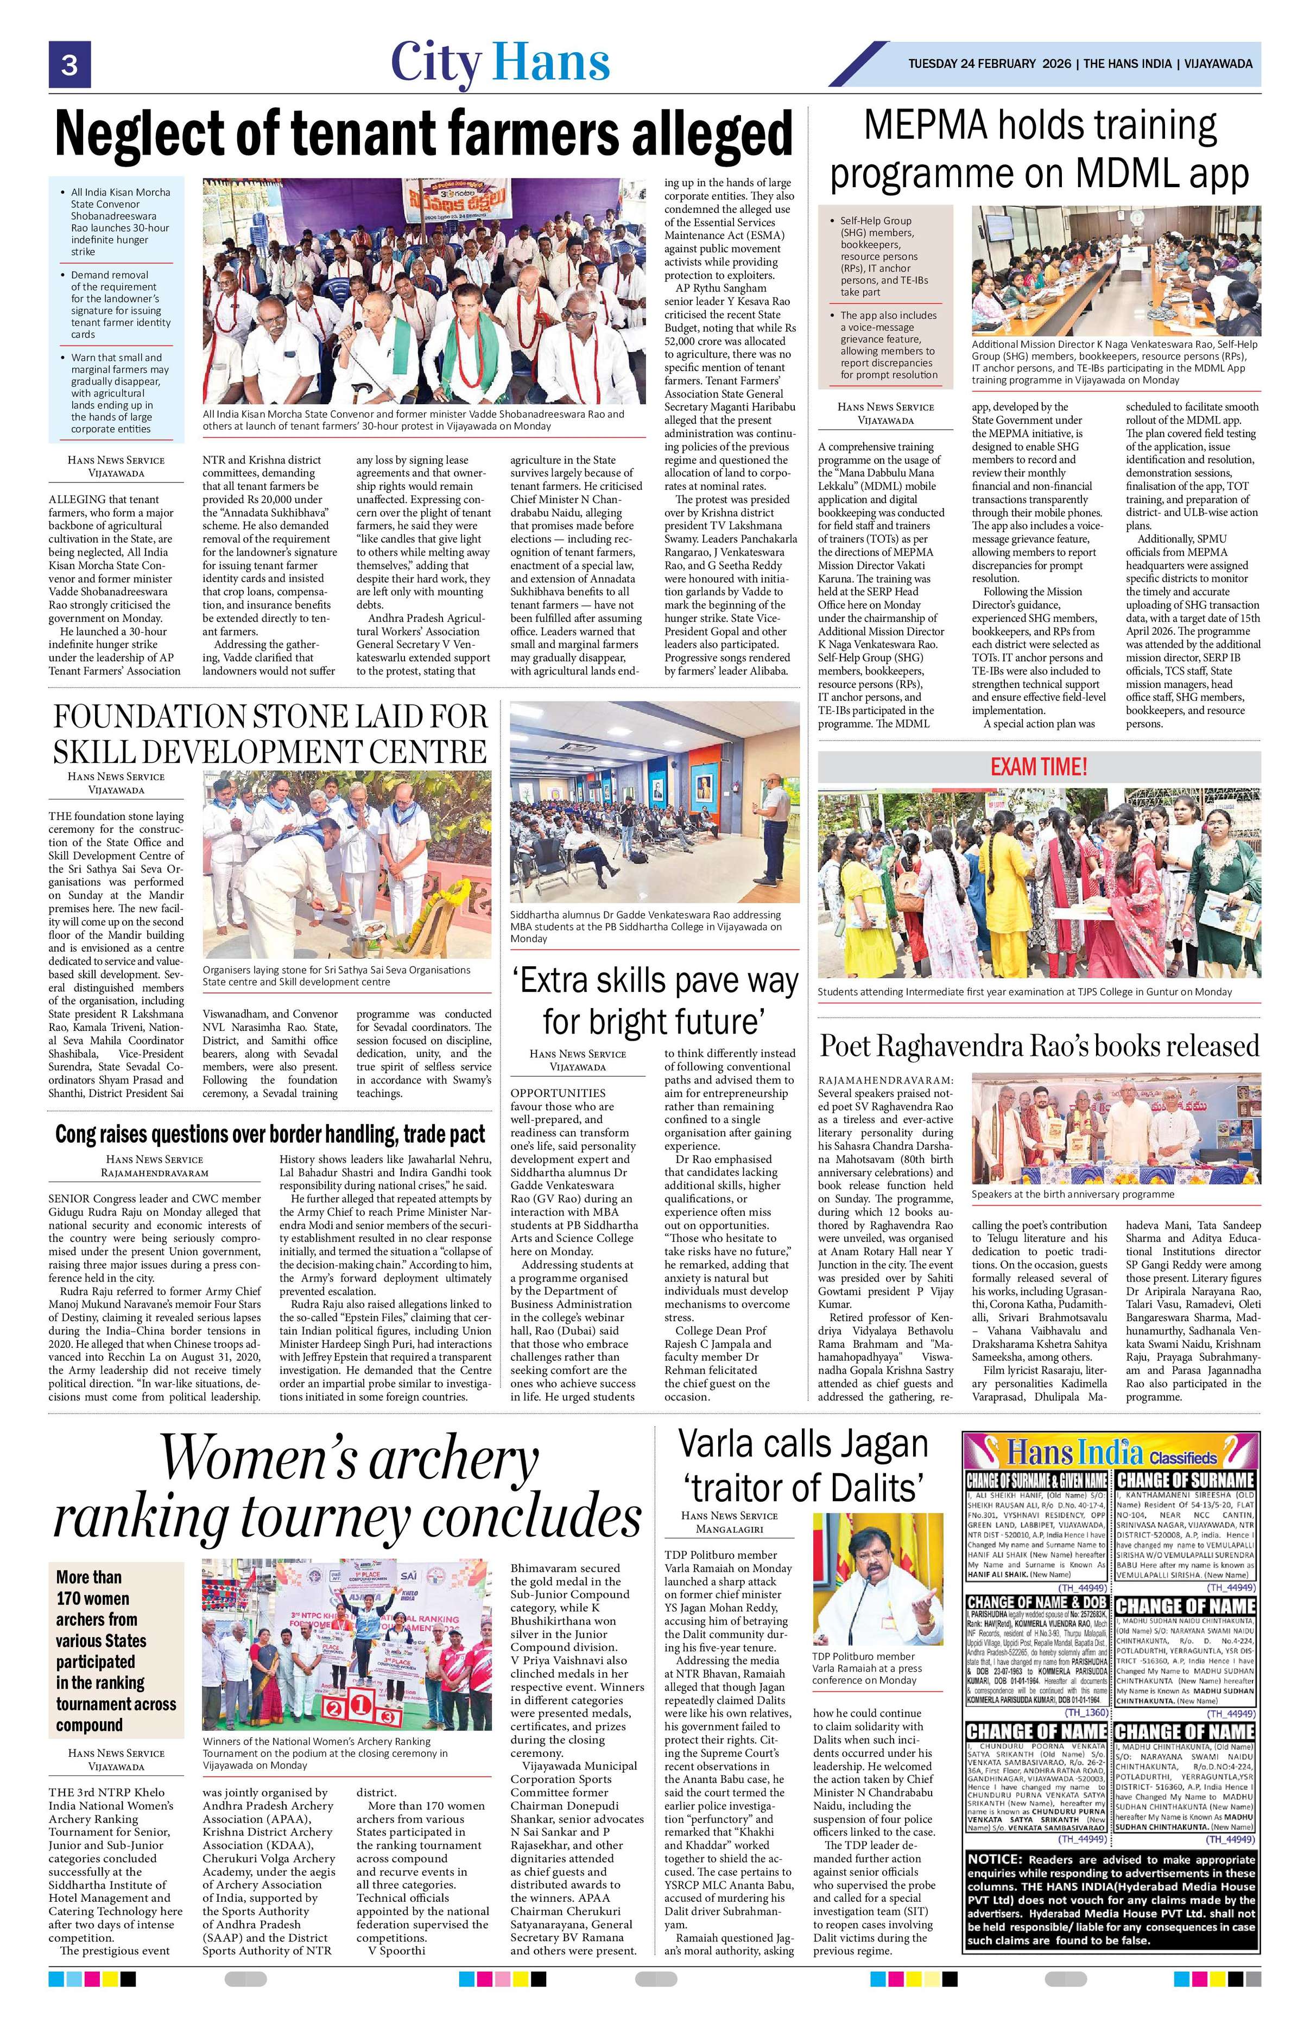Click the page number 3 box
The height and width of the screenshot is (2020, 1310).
(x=69, y=65)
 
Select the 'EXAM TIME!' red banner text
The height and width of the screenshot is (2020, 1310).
(x=1039, y=767)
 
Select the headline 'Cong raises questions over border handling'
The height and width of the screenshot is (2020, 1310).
(x=270, y=1135)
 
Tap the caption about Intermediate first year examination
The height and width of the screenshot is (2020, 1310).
(x=1024, y=991)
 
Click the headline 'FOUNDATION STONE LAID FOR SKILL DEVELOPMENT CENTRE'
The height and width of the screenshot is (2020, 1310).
(x=270, y=734)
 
